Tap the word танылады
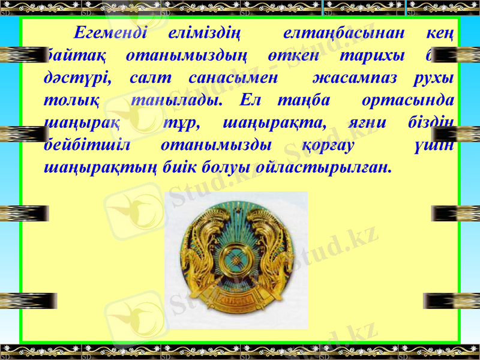(178, 101)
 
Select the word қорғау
(328, 146)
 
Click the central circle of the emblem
(235, 259)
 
